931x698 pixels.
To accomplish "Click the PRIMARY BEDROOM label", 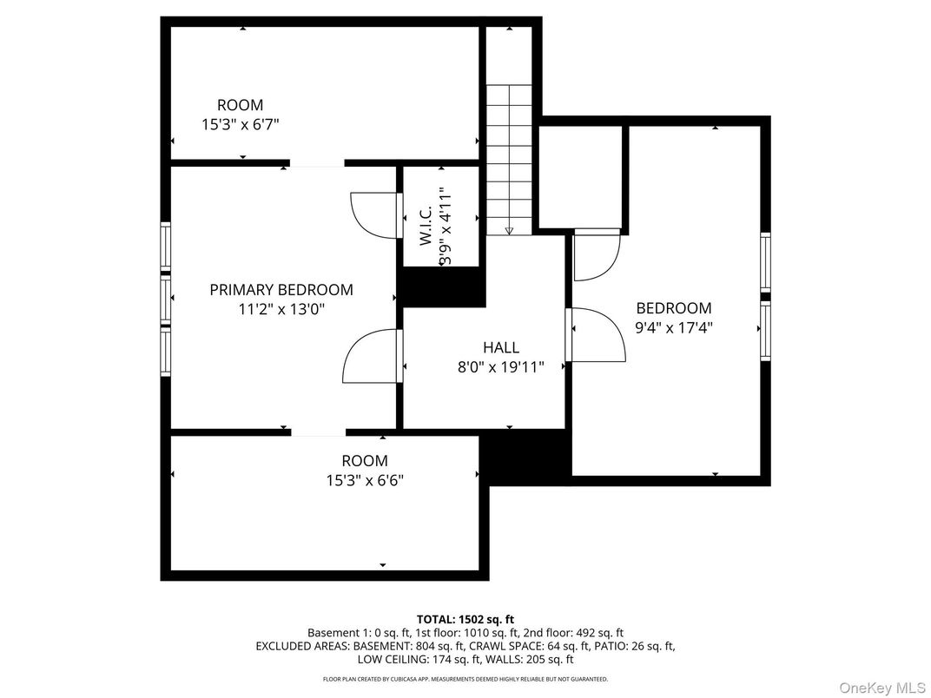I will (x=281, y=290).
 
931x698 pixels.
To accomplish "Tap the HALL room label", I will (x=501, y=348).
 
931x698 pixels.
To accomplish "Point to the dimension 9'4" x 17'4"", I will (x=674, y=327).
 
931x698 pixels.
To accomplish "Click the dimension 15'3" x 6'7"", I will (x=241, y=124).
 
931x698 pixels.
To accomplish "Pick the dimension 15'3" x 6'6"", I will (x=364, y=479).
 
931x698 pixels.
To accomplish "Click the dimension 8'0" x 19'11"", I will (x=501, y=367).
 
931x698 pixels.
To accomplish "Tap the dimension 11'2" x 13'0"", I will (x=281, y=308).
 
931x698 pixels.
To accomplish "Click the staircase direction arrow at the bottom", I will (x=509, y=231).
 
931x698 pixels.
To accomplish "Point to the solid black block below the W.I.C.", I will (x=440, y=286).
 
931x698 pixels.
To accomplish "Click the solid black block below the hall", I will (x=525, y=458).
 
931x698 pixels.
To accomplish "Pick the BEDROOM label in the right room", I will (x=674, y=308).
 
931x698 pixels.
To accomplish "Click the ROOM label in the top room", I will (x=241, y=106).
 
